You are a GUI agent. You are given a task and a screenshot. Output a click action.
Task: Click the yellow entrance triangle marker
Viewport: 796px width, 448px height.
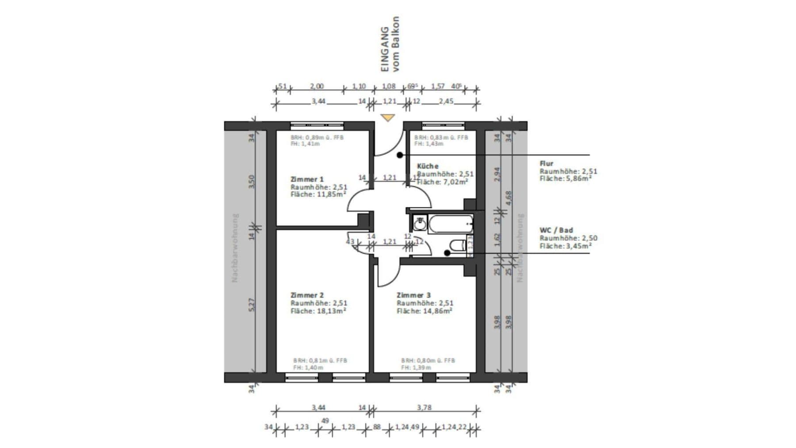point(388,118)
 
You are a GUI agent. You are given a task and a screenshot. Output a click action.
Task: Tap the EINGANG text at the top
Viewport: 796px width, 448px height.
point(385,49)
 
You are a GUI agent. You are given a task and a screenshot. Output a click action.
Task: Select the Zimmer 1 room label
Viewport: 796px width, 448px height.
point(307,179)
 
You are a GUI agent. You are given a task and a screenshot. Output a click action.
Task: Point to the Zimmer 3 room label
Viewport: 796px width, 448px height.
point(413,295)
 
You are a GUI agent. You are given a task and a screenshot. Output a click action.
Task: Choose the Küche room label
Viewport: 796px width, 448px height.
point(428,166)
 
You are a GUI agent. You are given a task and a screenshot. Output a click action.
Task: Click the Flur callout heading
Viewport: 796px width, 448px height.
point(546,163)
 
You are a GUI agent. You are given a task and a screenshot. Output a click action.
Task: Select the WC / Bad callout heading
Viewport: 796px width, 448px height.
point(556,230)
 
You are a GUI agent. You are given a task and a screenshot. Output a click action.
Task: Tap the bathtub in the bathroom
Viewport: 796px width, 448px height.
point(451,224)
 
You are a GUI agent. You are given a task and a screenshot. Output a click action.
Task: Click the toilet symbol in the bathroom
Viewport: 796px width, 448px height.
point(457,245)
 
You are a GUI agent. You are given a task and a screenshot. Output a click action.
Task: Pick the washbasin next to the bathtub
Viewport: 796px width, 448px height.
point(420,223)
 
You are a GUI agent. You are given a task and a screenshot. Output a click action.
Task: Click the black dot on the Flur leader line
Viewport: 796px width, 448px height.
point(399,155)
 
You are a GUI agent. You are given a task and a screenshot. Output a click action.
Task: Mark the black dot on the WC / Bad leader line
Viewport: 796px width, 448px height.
point(447,253)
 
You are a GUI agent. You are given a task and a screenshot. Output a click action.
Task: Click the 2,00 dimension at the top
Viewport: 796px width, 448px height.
point(317,86)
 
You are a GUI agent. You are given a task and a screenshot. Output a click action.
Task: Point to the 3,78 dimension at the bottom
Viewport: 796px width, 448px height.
point(424,407)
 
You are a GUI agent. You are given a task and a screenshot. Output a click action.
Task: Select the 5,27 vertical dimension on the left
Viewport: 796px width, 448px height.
point(252,305)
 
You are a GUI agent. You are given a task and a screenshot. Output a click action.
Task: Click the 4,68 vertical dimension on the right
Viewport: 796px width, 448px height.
point(509,197)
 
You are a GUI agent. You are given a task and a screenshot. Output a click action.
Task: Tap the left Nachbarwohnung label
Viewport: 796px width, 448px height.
point(235,248)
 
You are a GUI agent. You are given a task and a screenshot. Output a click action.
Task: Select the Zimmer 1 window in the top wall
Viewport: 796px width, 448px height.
point(317,126)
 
